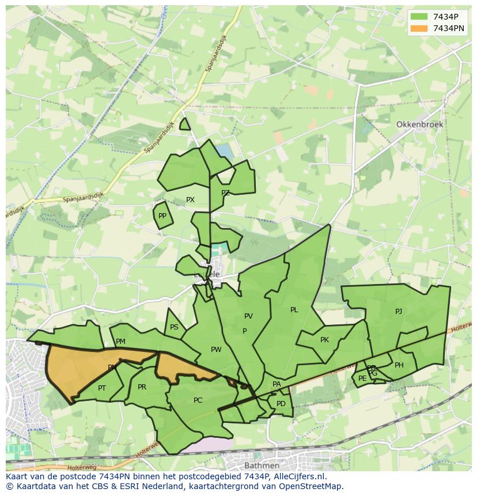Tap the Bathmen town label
(262, 465)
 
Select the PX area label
(190, 200)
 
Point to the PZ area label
(225, 193)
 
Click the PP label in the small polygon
(162, 216)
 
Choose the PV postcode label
(248, 316)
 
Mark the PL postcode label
(294, 310)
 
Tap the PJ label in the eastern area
(399, 312)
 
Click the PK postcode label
(324, 340)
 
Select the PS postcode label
(174, 327)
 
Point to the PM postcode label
(120, 342)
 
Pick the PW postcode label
(216, 350)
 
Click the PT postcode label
(102, 388)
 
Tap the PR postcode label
(142, 387)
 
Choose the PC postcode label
(198, 400)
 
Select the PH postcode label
(399, 365)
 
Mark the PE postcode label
(362, 378)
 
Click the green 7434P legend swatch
(419, 17)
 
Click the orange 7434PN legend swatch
(419, 28)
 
